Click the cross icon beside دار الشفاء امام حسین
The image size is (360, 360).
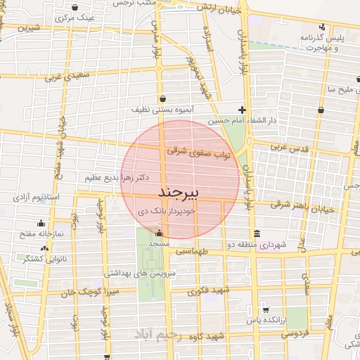[x=242, y=110]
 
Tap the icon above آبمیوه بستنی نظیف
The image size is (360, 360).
[x=163, y=98]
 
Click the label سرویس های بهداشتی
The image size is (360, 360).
[x=144, y=271]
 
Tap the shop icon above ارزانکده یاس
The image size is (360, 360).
[x=265, y=310]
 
